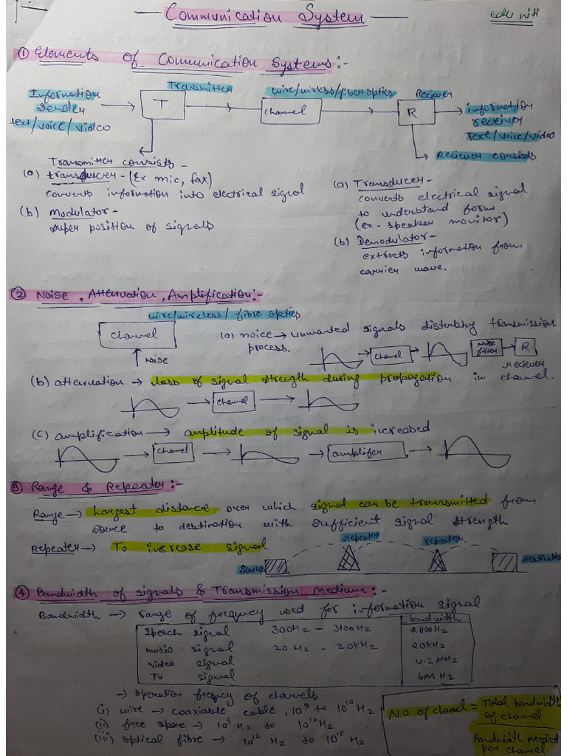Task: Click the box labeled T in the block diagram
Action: (162, 106)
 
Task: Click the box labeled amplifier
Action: (367, 452)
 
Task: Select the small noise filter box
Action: (487, 347)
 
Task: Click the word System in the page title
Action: (332, 15)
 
